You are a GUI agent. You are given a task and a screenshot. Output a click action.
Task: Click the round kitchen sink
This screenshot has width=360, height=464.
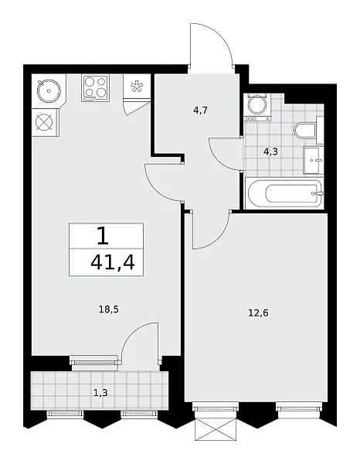(49, 90)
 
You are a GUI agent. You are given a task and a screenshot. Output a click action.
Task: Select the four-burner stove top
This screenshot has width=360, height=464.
(95, 88)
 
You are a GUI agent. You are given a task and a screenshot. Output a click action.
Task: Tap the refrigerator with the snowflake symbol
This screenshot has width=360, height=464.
(137, 86)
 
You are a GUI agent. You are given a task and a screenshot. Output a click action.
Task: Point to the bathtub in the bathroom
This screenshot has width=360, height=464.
(285, 194)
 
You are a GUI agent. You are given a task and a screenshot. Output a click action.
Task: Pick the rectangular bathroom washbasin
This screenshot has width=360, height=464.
(314, 161)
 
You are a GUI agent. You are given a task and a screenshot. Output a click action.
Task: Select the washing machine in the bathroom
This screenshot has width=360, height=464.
(258, 107)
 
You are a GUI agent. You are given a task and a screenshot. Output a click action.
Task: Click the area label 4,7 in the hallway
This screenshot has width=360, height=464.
(201, 111)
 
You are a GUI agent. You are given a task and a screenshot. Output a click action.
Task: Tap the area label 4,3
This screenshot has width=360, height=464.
(270, 152)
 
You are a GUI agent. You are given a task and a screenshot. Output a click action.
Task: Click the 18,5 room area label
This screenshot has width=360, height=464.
(108, 310)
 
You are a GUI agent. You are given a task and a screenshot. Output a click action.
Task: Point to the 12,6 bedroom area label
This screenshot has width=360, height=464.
(258, 312)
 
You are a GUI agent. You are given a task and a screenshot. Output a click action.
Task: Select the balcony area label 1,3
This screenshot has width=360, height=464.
(100, 393)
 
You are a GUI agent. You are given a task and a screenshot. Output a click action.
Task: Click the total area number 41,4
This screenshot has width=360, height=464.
(113, 262)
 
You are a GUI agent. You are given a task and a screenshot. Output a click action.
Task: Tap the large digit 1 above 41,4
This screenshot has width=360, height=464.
(103, 236)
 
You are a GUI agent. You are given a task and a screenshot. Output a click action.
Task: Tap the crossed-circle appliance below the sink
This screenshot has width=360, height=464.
(45, 122)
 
